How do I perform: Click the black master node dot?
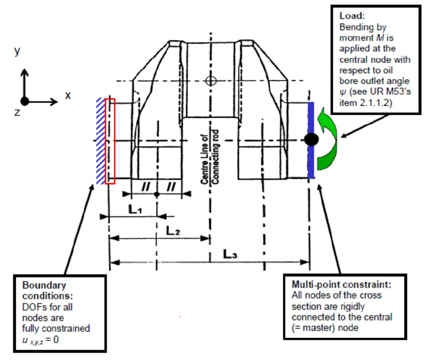310,139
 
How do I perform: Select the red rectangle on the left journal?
110,141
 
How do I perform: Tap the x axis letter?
68,95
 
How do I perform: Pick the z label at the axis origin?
17,113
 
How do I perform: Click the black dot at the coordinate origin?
25,101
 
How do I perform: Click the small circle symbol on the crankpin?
211,81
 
